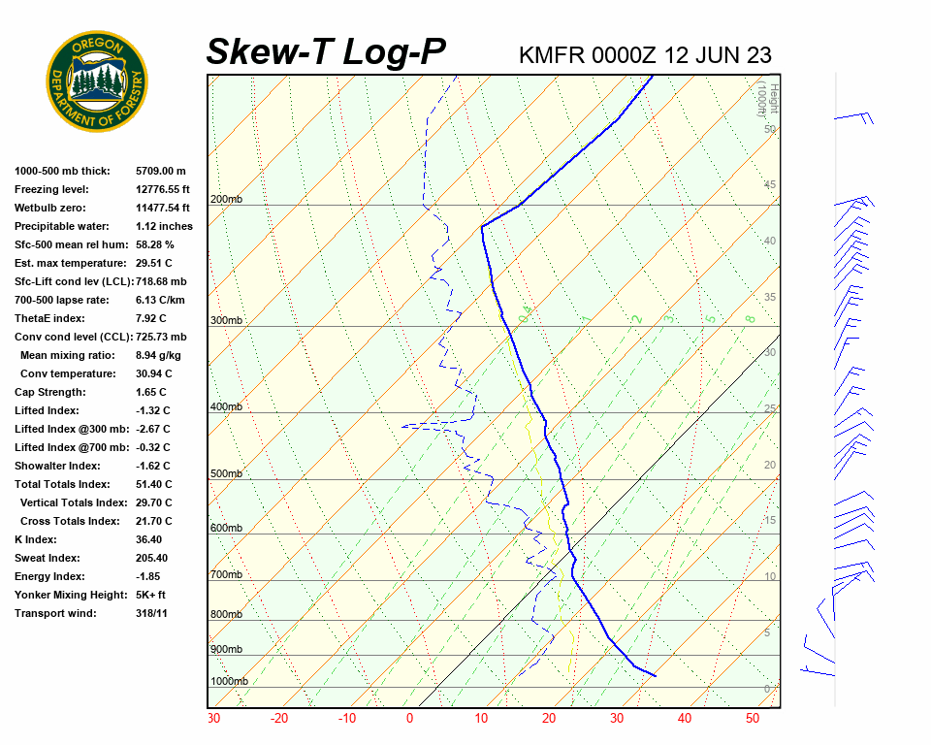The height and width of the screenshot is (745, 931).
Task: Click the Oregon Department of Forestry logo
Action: click(x=97, y=81)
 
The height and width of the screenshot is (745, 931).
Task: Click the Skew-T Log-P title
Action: click(x=326, y=52)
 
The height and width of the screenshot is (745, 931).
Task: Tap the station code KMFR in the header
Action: click(x=552, y=55)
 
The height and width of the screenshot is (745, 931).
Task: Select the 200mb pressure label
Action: click(x=226, y=200)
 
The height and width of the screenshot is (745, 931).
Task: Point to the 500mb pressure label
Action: click(x=226, y=474)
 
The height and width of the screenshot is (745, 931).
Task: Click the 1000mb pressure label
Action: click(x=229, y=681)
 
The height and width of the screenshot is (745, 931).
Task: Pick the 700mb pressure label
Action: click(x=226, y=575)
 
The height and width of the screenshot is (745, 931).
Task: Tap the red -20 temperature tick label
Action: click(x=279, y=719)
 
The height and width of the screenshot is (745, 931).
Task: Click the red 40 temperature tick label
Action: click(x=685, y=719)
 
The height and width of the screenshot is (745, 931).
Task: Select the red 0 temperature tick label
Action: click(x=409, y=719)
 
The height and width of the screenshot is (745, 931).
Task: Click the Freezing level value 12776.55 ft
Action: click(x=163, y=189)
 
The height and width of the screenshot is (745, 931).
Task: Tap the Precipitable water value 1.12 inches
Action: click(x=164, y=226)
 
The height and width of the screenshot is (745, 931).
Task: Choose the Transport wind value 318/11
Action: click(x=152, y=613)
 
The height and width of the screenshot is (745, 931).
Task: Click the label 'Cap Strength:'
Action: click(x=50, y=392)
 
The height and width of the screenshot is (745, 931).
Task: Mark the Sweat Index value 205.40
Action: click(x=152, y=558)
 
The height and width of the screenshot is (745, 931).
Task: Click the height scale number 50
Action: click(x=769, y=129)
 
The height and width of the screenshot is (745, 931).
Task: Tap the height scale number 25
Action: click(x=770, y=409)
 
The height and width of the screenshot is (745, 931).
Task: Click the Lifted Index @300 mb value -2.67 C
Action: click(x=153, y=429)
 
